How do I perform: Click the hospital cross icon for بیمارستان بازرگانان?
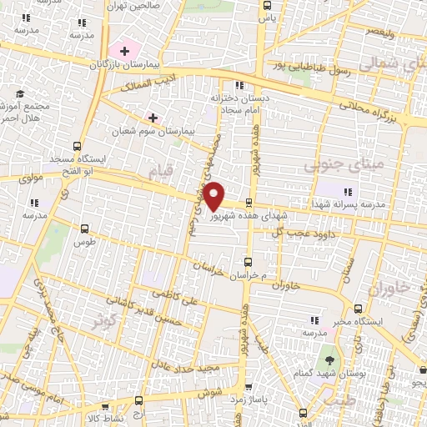coord(124,51)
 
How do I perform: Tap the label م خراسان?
coord(252,274)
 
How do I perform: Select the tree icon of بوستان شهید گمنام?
coord(330,361)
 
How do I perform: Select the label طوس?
coord(85,243)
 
